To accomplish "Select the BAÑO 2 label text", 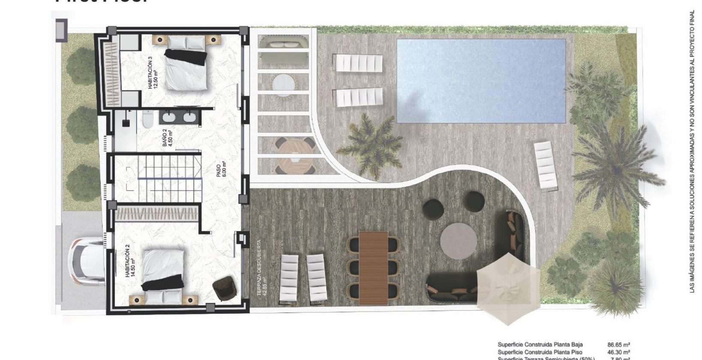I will pyautogui.click(x=167, y=138).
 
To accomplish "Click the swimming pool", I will pyautogui.click(x=481, y=80).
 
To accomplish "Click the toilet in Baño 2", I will pyautogui.click(x=147, y=119).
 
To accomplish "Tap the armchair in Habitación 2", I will pyautogui.click(x=224, y=288).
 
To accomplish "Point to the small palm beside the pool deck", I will pyautogui.click(x=371, y=139).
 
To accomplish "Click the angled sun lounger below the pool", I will pyautogui.click(x=546, y=165).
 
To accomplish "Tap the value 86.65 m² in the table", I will pyautogui.click(x=618, y=344).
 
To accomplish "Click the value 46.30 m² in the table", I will pyautogui.click(x=618, y=352).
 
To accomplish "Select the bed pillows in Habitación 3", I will pyautogui.click(x=186, y=42).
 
